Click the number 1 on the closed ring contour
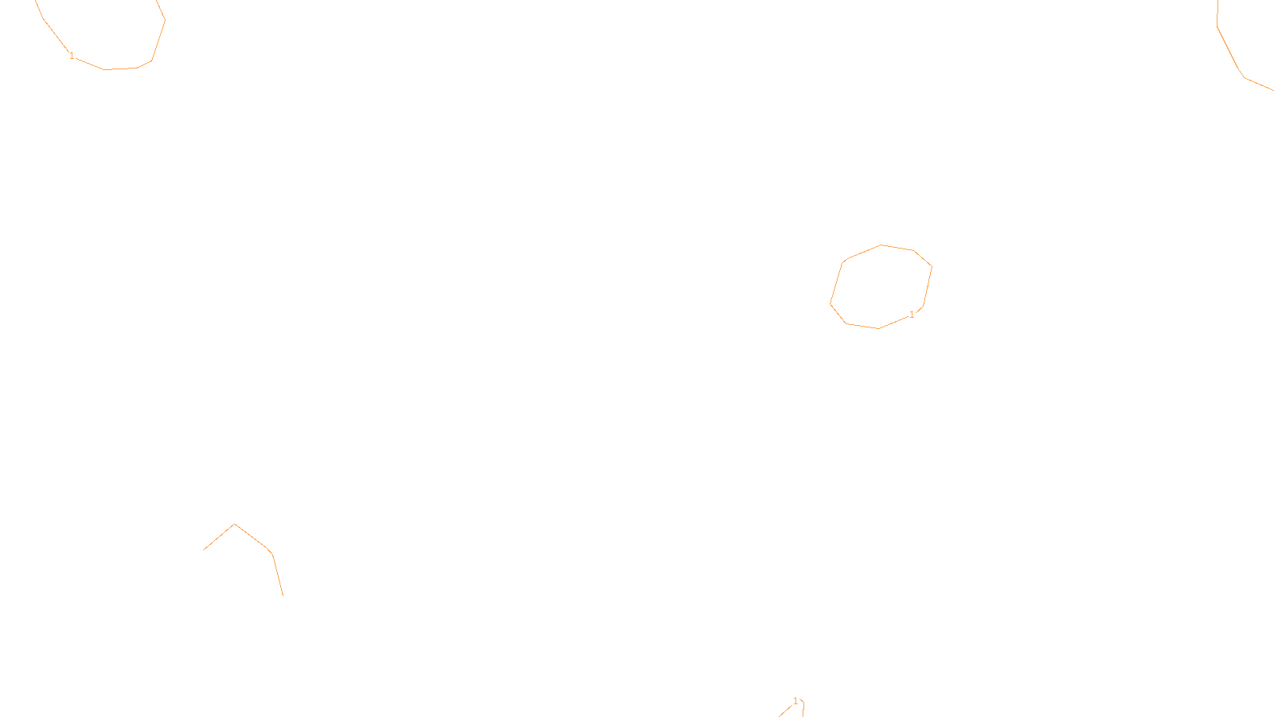[912, 315]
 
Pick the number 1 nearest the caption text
[795, 701]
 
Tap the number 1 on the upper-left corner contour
[72, 56]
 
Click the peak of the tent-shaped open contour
[234, 524]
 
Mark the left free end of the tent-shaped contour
[204, 550]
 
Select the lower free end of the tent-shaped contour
[283, 594]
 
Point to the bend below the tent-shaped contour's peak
[272, 554]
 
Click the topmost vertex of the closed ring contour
[881, 245]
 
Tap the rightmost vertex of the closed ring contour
[932, 267]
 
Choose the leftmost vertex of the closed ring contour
[830, 304]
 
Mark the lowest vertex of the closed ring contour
[878, 328]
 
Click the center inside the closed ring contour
[881, 287]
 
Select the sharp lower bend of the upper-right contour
[1244, 77]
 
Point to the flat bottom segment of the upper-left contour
[121, 69]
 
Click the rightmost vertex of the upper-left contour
[165, 21]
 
